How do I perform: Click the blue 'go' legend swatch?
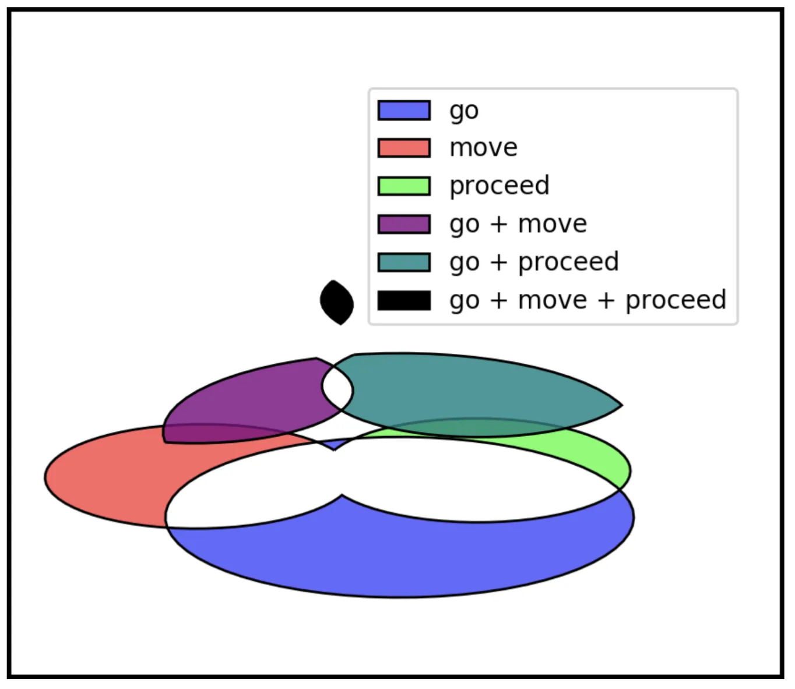click(404, 110)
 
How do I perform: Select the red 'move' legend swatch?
click(404, 148)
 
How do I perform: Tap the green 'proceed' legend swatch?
click(404, 186)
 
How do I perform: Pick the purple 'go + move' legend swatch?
click(404, 224)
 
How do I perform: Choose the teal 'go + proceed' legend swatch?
click(404, 262)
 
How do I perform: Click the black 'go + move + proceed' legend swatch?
click(404, 300)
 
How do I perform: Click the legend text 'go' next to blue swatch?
click(464, 110)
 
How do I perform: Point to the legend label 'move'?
click(483, 148)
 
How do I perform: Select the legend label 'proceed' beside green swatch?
click(499, 186)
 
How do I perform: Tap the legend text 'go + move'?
click(518, 224)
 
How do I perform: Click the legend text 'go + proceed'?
click(534, 262)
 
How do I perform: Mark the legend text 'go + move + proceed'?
click(588, 300)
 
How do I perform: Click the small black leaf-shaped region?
click(337, 302)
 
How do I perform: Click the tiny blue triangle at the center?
click(333, 445)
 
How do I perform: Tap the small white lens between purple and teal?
click(337, 389)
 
